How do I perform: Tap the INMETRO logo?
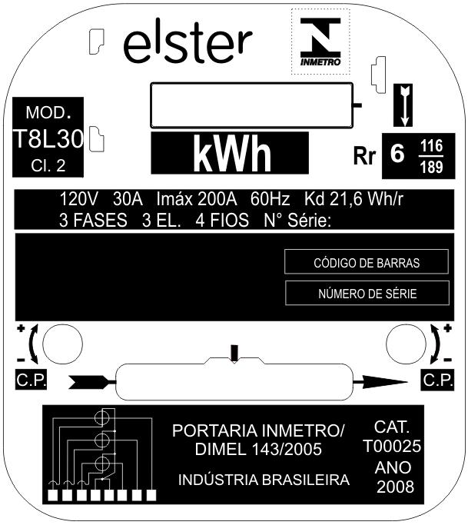click(x=320, y=42)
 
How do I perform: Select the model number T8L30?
click(x=48, y=138)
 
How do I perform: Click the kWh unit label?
click(x=231, y=153)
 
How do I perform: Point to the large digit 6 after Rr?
click(x=397, y=153)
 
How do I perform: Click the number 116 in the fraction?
click(x=432, y=146)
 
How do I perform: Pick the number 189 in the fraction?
click(x=432, y=167)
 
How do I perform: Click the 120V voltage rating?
click(x=78, y=199)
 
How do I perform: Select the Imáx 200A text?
click(x=197, y=199)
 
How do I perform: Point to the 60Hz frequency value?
click(x=271, y=199)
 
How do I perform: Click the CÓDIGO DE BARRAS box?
click(x=367, y=262)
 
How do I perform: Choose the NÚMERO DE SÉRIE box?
click(x=367, y=294)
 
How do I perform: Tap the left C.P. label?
click(x=32, y=380)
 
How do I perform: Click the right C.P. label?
click(x=438, y=380)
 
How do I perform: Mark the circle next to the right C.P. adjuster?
click(x=406, y=344)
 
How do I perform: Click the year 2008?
click(x=395, y=487)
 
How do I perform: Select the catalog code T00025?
click(x=392, y=446)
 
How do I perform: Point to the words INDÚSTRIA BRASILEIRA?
click(x=264, y=480)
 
